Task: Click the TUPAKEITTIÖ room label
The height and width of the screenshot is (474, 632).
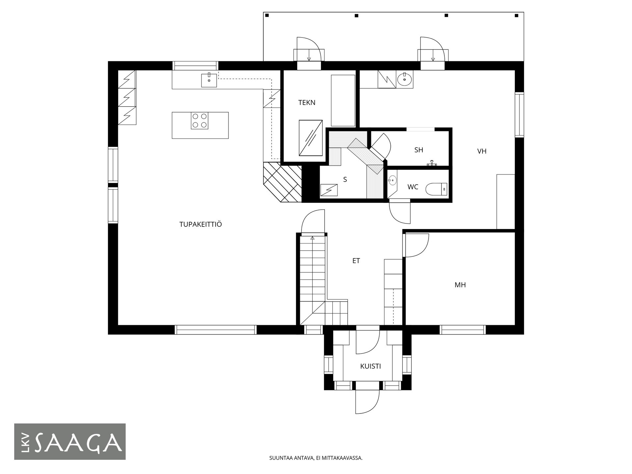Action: click(x=200, y=224)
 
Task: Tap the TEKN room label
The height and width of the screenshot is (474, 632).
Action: click(x=307, y=103)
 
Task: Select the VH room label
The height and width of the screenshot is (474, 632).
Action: click(x=482, y=151)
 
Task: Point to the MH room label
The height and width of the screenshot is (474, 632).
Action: click(x=460, y=285)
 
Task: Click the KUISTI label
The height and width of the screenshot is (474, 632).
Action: click(x=371, y=366)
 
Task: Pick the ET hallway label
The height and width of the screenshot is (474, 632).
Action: click(x=356, y=261)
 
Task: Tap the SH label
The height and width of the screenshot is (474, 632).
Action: click(x=419, y=150)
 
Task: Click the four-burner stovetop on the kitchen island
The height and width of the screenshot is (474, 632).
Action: click(x=200, y=120)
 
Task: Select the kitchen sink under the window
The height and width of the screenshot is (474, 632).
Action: click(x=209, y=80)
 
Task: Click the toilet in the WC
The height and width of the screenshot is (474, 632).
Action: click(x=436, y=190)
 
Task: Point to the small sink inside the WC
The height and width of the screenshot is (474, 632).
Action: click(x=392, y=180)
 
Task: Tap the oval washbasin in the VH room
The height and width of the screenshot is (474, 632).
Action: click(x=404, y=79)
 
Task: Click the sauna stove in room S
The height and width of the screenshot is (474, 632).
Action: click(x=329, y=191)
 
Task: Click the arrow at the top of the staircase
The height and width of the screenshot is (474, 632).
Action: click(x=312, y=238)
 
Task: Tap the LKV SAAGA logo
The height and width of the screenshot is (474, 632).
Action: click(x=70, y=442)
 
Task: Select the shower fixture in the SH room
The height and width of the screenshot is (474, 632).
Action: click(x=432, y=163)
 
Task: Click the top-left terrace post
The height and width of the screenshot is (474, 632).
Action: click(x=267, y=15)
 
